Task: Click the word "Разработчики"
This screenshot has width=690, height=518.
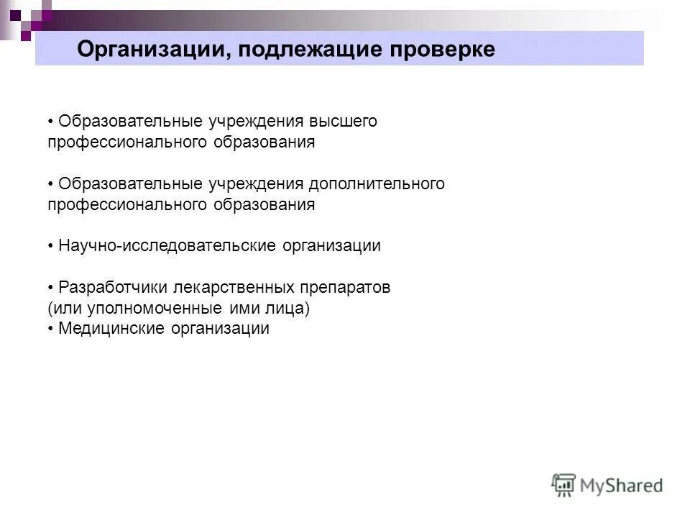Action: point(114,288)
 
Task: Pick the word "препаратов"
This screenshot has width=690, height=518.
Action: point(343,288)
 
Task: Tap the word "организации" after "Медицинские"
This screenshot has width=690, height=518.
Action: point(220,329)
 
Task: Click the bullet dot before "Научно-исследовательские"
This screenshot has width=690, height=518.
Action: point(51,246)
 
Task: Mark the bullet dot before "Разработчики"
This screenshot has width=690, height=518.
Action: point(51,288)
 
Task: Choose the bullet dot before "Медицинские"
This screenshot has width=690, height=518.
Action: point(51,329)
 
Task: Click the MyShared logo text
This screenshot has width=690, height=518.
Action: point(622,486)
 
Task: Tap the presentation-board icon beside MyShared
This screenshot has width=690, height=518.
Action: point(564,485)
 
